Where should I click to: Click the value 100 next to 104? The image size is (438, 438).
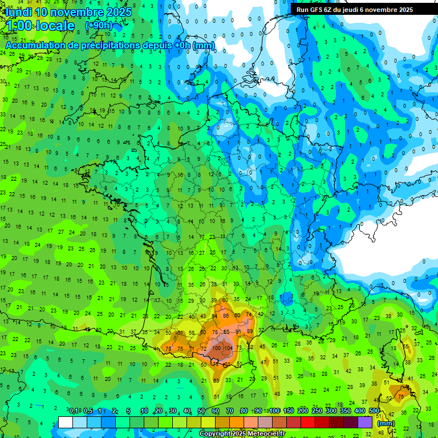pyautogui.click(x=217, y=347)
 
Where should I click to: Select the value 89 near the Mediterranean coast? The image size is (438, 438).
pyautogui.click(x=250, y=331)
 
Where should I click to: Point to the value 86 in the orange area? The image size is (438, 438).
pyautogui.click(x=226, y=315)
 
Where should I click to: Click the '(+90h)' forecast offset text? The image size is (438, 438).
pyautogui.click(x=99, y=26)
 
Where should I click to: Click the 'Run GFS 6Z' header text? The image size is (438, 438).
pyautogui.click(x=316, y=10)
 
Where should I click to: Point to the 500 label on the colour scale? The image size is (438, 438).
pyautogui.click(x=374, y=411)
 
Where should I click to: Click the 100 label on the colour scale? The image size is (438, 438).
pyautogui.click(x=274, y=411)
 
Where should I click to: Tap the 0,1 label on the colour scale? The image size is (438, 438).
pyautogui.click(x=74, y=411)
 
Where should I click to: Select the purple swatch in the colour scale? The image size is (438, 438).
pyautogui.click(x=365, y=422)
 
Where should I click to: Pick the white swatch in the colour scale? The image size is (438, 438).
pyautogui.click(x=66, y=422)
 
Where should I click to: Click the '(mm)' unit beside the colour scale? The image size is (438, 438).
pyautogui.click(x=386, y=423)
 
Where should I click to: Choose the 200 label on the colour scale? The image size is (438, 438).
pyautogui.click(x=303, y=411)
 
